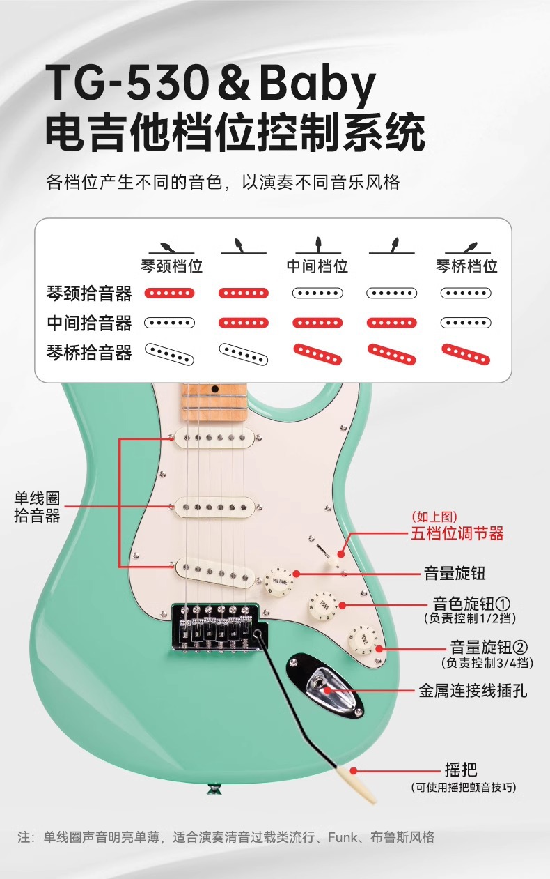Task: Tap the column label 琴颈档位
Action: click(171, 266)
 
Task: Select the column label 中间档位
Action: click(317, 266)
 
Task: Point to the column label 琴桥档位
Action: click(466, 266)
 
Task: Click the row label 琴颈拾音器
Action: click(88, 293)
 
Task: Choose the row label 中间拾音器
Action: click(88, 323)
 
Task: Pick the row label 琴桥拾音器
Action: click(88, 353)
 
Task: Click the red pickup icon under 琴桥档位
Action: click(466, 353)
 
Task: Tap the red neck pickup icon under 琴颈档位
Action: click(169, 293)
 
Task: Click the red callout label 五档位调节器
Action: click(457, 535)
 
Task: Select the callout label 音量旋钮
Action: click(455, 574)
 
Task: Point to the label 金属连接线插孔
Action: click(473, 691)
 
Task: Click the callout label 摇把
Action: click(461, 770)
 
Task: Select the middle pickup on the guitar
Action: click(213, 507)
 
